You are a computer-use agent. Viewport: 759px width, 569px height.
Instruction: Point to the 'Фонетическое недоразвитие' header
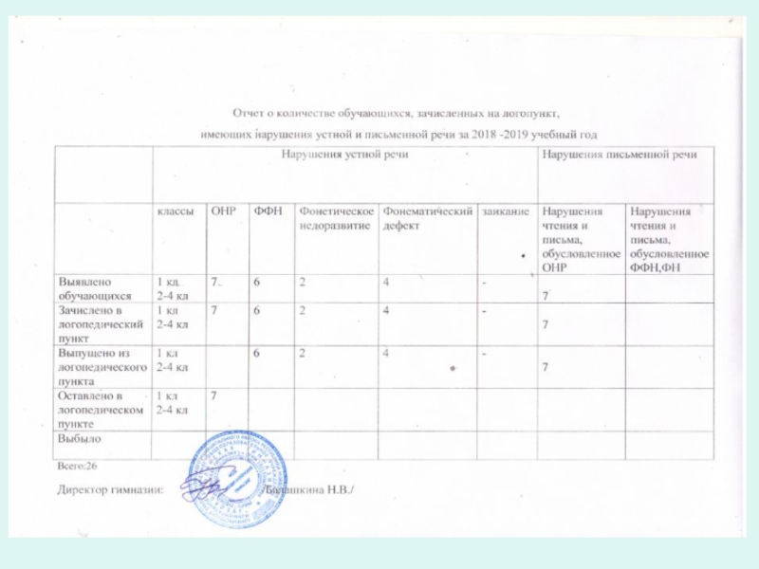click(335, 219)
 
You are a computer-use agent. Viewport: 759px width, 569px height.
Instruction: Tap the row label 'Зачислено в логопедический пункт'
click(101, 323)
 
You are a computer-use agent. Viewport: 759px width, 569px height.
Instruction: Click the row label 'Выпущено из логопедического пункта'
click(103, 366)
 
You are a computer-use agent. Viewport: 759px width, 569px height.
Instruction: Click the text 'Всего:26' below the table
click(76, 467)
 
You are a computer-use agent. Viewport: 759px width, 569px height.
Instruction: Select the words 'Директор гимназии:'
click(110, 490)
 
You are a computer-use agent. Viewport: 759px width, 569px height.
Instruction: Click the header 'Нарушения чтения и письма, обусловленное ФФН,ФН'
click(669, 241)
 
